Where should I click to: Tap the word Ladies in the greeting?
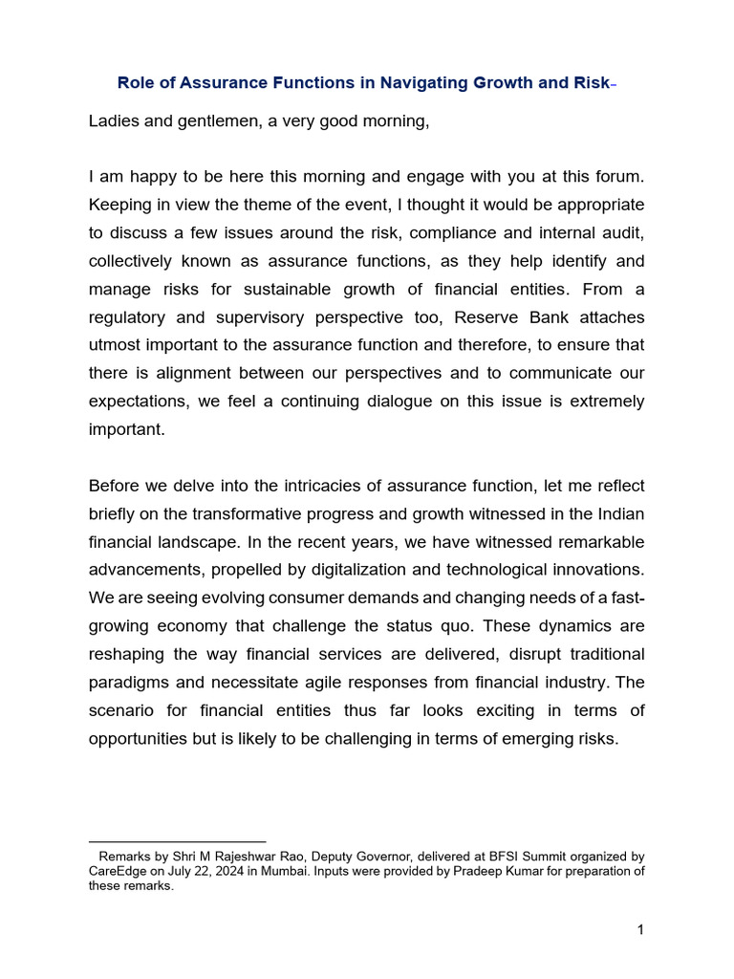[115, 121]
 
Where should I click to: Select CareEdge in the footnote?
[120, 871]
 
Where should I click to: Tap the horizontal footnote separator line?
[177, 841]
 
